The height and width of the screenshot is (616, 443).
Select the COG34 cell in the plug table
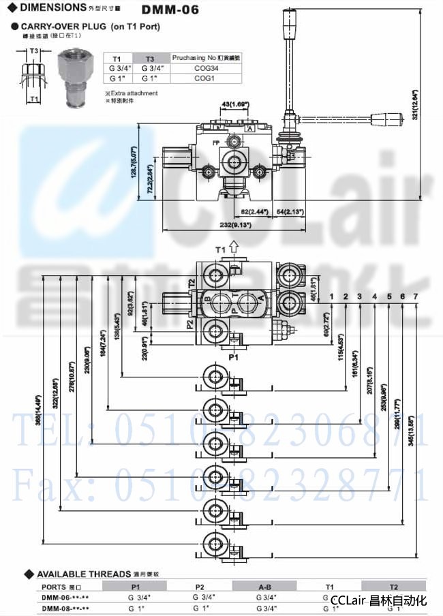point(201,68)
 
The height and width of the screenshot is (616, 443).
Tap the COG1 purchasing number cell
point(201,78)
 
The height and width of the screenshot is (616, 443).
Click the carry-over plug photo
point(72,76)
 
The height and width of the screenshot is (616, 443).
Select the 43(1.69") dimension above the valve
point(234,104)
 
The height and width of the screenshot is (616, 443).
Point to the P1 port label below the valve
point(233,356)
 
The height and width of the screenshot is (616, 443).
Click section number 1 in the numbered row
point(332,296)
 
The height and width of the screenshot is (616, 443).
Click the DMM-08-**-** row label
point(65,608)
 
